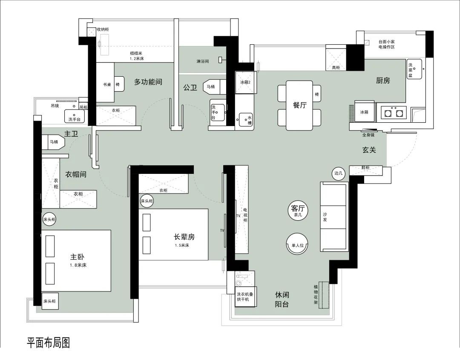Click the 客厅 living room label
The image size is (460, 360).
point(298,209)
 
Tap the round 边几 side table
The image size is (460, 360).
point(338,173)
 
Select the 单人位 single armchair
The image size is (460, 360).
point(297,245)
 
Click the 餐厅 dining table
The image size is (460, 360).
point(299,105)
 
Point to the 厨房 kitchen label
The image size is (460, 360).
point(383,81)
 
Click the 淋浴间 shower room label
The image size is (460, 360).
point(203,61)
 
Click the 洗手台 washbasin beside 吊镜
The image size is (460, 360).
point(75,116)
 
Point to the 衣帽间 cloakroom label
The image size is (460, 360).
point(76,174)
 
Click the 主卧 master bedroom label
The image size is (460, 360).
point(77,257)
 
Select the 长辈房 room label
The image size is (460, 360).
point(184,237)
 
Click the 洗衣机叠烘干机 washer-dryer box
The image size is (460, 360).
point(245,297)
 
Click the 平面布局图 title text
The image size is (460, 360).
point(49,343)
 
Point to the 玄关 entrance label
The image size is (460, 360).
point(369,150)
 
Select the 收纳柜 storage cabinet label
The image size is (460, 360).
point(103,29)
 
